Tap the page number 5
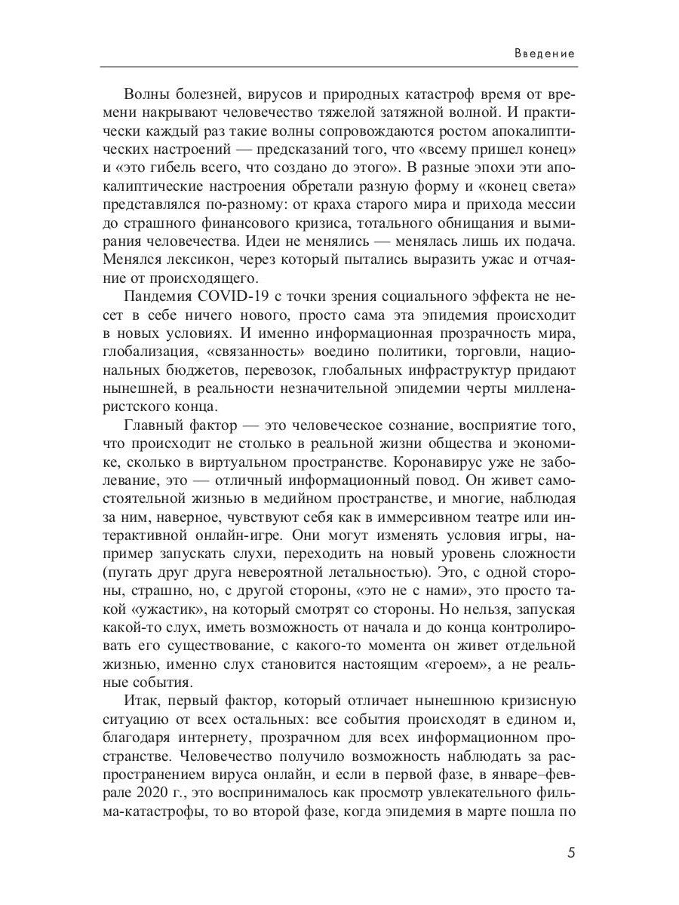[x=570, y=854]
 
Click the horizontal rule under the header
[x=339, y=67]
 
